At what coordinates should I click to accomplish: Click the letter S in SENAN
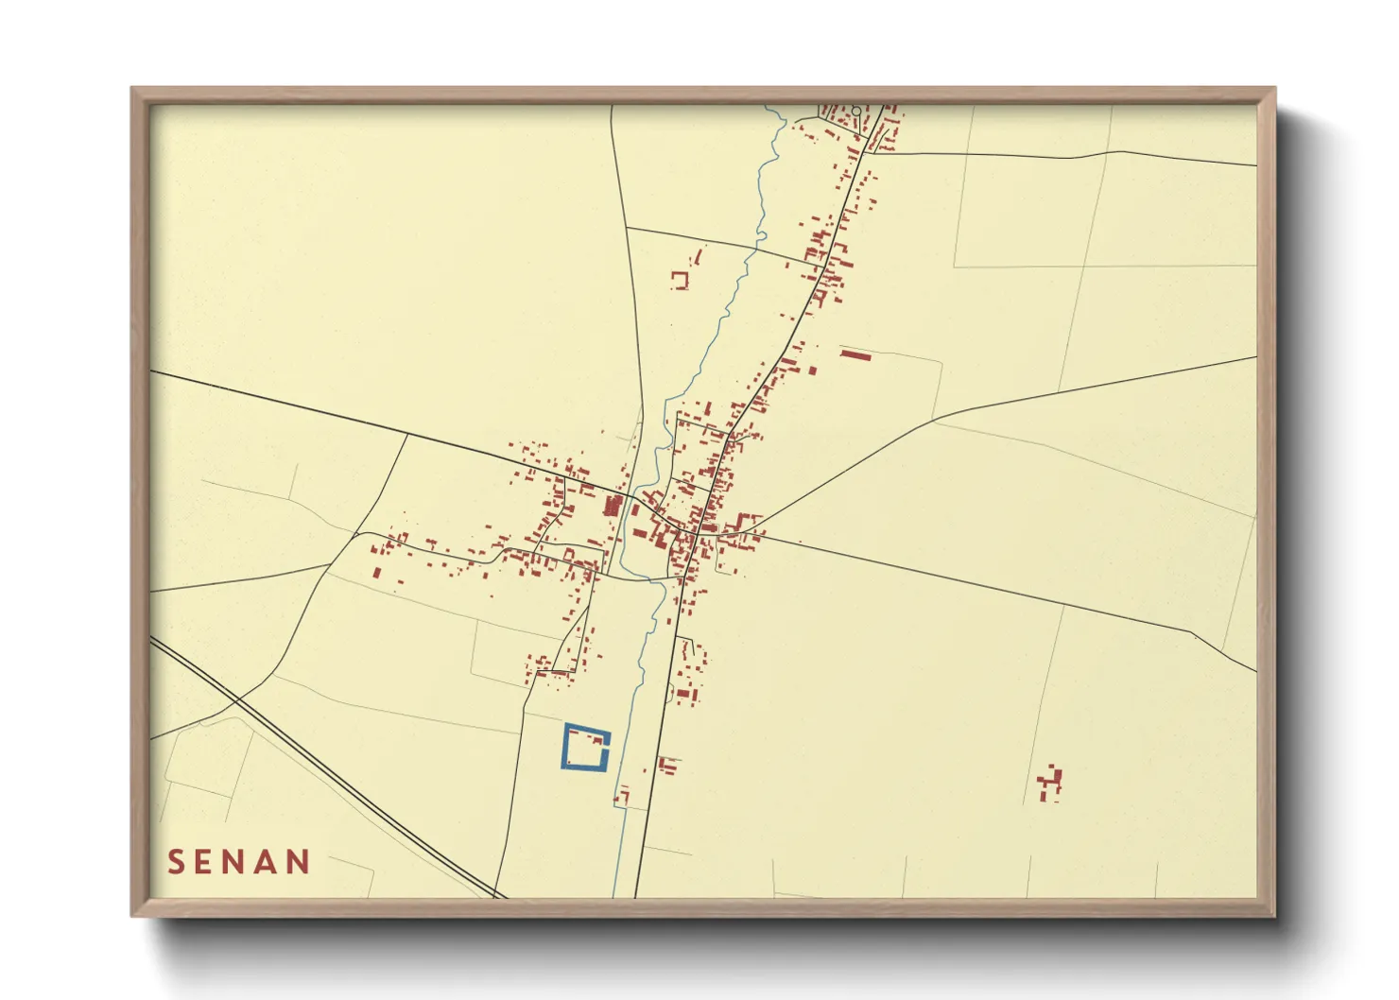coord(176,862)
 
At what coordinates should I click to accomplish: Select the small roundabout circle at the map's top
coord(855,112)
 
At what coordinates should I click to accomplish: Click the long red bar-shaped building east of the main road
coord(855,354)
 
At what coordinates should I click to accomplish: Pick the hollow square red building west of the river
coord(680,280)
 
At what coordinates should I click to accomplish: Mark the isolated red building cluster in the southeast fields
coord(1049,784)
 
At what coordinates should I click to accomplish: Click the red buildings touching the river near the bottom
coord(621,797)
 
